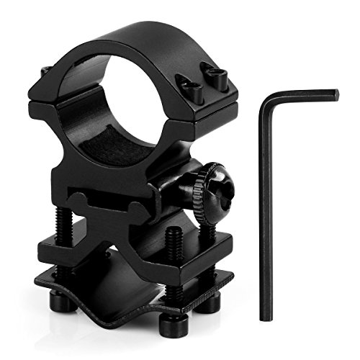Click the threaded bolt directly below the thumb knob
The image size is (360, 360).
pos(204,227)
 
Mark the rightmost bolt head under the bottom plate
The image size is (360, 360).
pos(209,302)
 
